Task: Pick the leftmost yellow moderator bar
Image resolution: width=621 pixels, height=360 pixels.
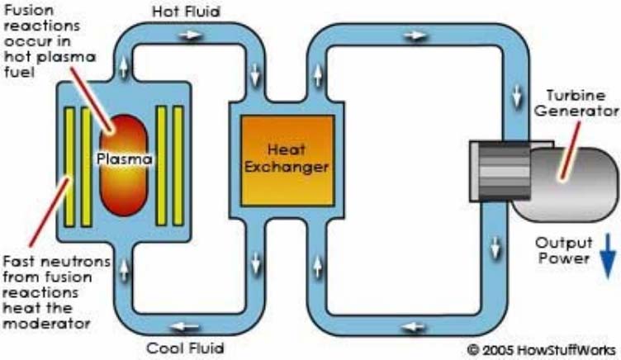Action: point(68,165)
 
